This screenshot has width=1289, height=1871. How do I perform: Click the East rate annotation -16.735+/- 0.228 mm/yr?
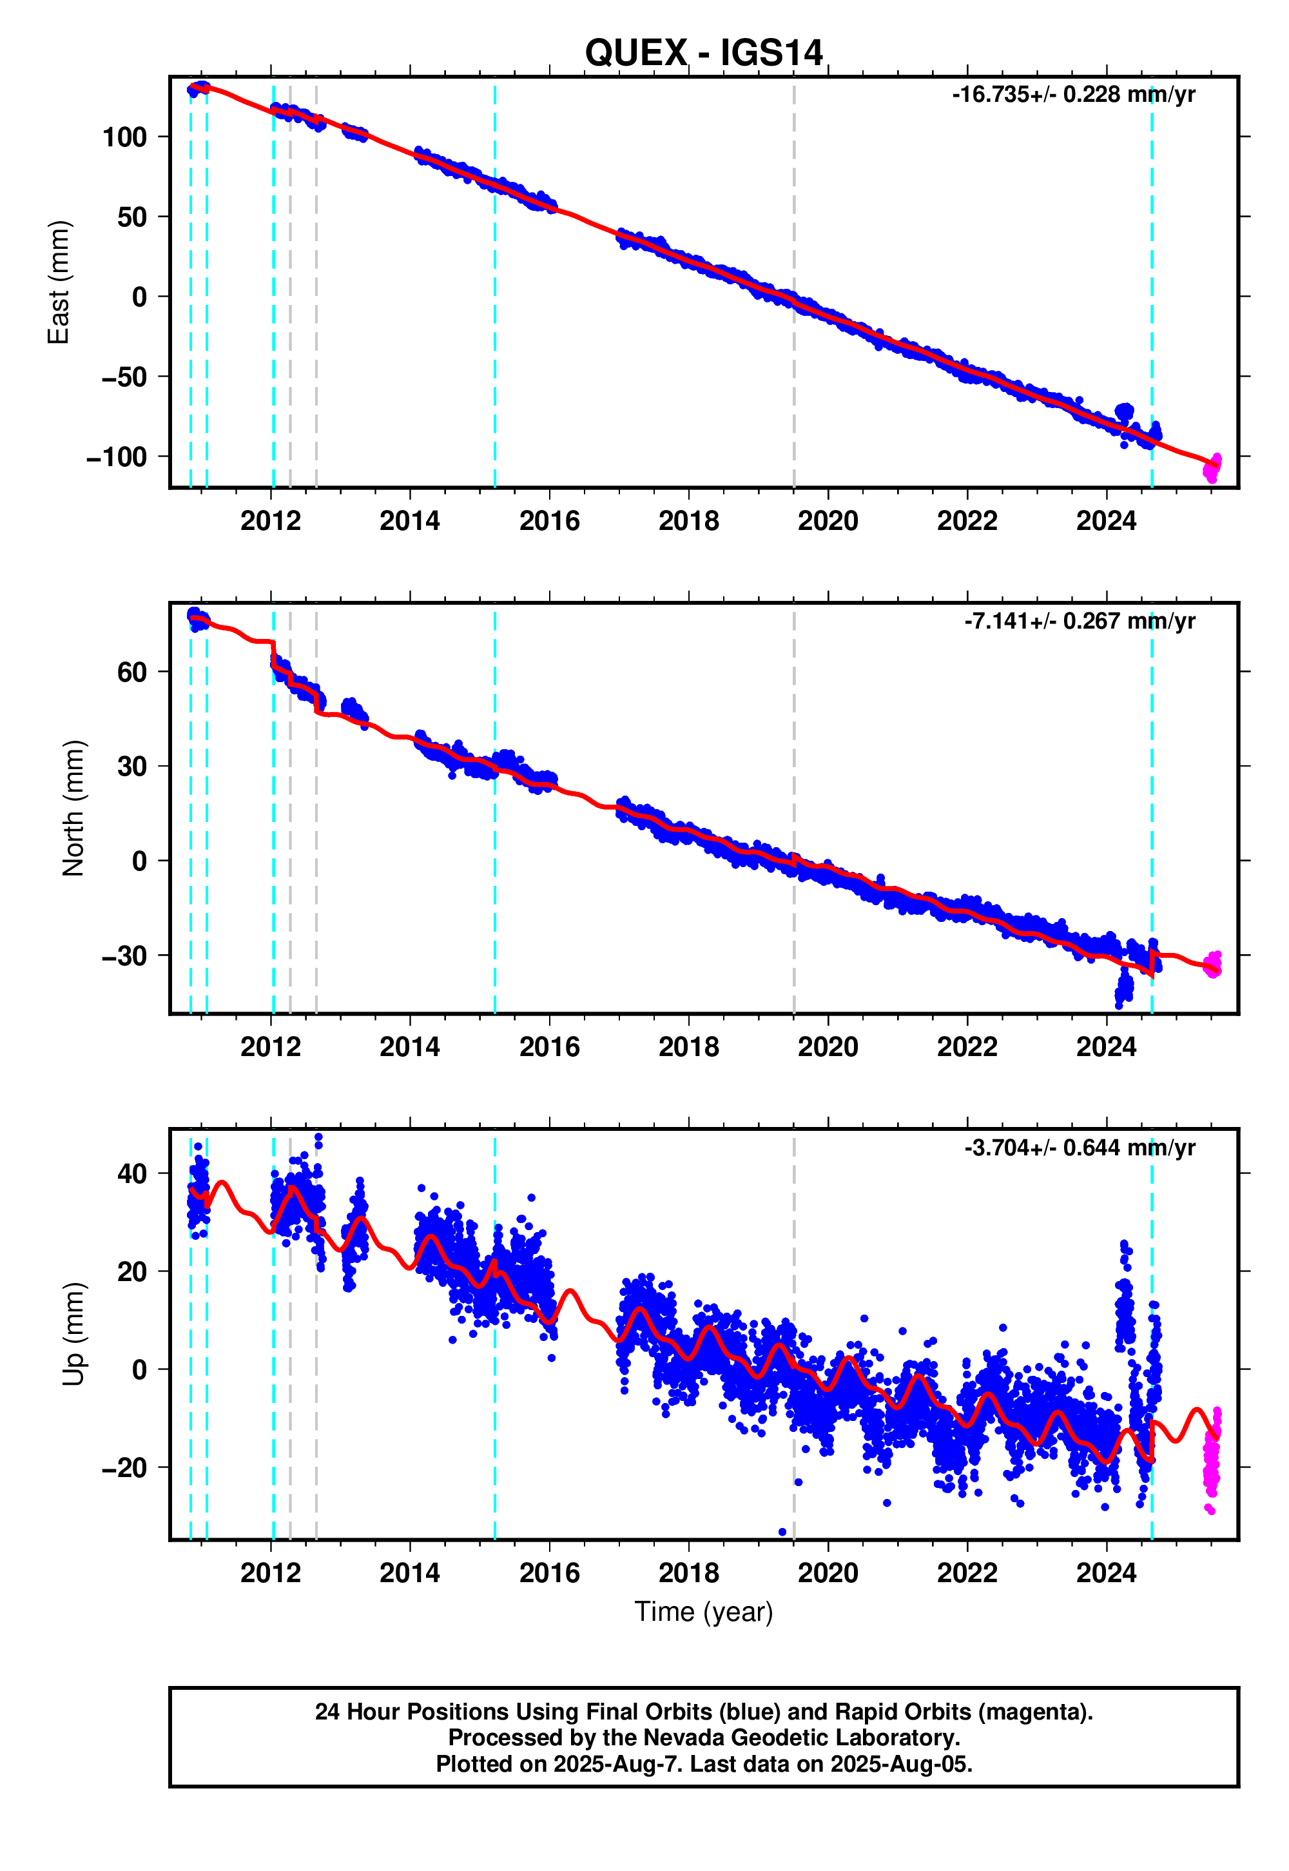pyautogui.click(x=1073, y=95)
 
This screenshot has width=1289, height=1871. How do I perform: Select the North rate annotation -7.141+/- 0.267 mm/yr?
pyautogui.click(x=1079, y=622)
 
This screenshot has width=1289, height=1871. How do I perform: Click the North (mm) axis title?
pyautogui.click(x=73, y=808)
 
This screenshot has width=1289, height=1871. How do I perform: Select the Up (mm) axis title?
pyautogui.click(x=73, y=1334)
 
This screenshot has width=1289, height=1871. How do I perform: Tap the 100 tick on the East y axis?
pyautogui.click(x=124, y=137)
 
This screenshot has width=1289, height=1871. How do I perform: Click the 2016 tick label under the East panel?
pyautogui.click(x=549, y=521)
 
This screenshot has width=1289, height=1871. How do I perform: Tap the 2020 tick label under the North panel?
pyautogui.click(x=828, y=1047)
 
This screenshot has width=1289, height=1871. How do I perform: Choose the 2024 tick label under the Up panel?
pyautogui.click(x=1106, y=1573)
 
